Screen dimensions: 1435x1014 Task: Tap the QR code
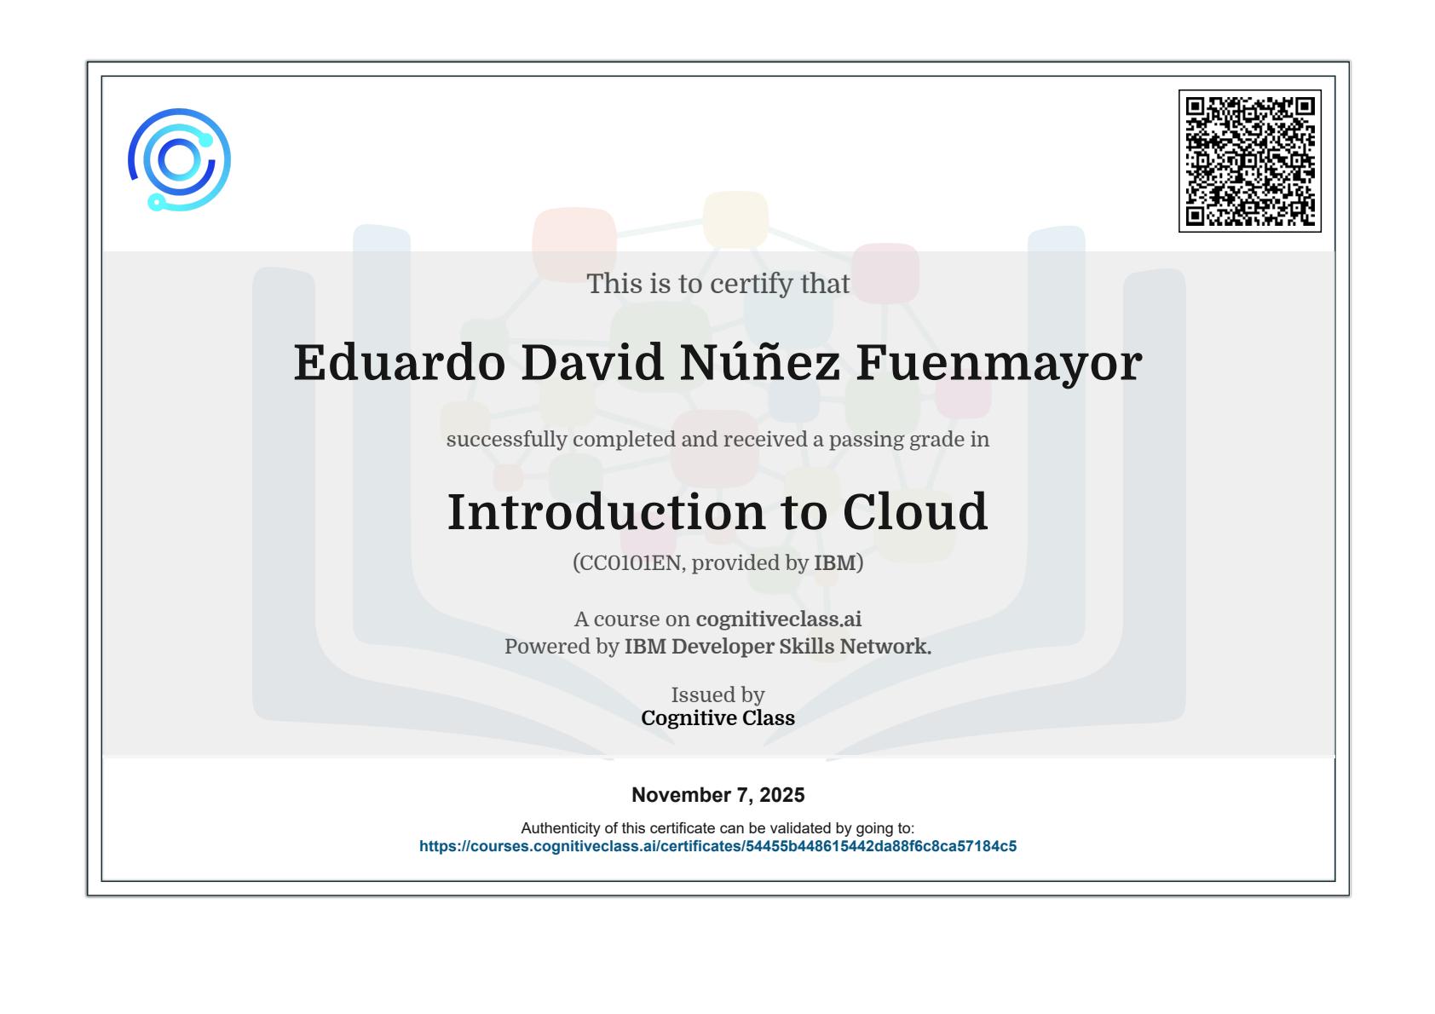click(x=1250, y=161)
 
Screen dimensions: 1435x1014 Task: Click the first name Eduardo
click(x=400, y=362)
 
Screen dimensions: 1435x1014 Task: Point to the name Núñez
click(x=760, y=361)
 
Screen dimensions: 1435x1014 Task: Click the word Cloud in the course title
click(x=915, y=512)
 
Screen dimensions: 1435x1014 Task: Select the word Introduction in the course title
click(x=606, y=512)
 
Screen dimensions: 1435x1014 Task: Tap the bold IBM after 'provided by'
click(x=835, y=562)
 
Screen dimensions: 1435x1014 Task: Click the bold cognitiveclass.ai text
click(x=778, y=619)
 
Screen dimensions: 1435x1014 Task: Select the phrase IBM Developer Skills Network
click(x=778, y=647)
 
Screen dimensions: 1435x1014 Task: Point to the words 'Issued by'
click(x=717, y=694)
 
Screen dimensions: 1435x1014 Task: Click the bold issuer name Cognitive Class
click(x=717, y=718)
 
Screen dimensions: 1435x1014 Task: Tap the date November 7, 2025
click(x=717, y=795)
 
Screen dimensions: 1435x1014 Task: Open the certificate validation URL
click(x=717, y=846)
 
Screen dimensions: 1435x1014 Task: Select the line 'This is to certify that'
click(x=717, y=284)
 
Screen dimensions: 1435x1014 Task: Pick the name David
click(x=592, y=362)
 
